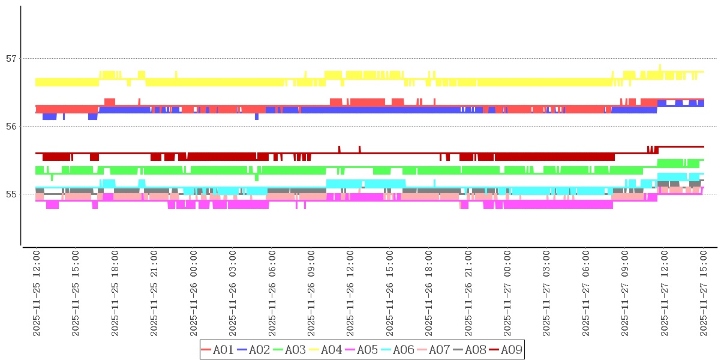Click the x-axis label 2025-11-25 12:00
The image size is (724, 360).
36,294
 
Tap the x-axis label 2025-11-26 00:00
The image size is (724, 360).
193,294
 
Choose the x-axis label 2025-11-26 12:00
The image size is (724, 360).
350,294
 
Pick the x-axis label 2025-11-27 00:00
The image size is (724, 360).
507,294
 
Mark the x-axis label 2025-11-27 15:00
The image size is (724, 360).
704,294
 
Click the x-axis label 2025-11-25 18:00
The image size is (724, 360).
115,294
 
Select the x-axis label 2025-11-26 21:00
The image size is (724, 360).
468,294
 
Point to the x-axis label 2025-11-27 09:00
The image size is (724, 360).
625,294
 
